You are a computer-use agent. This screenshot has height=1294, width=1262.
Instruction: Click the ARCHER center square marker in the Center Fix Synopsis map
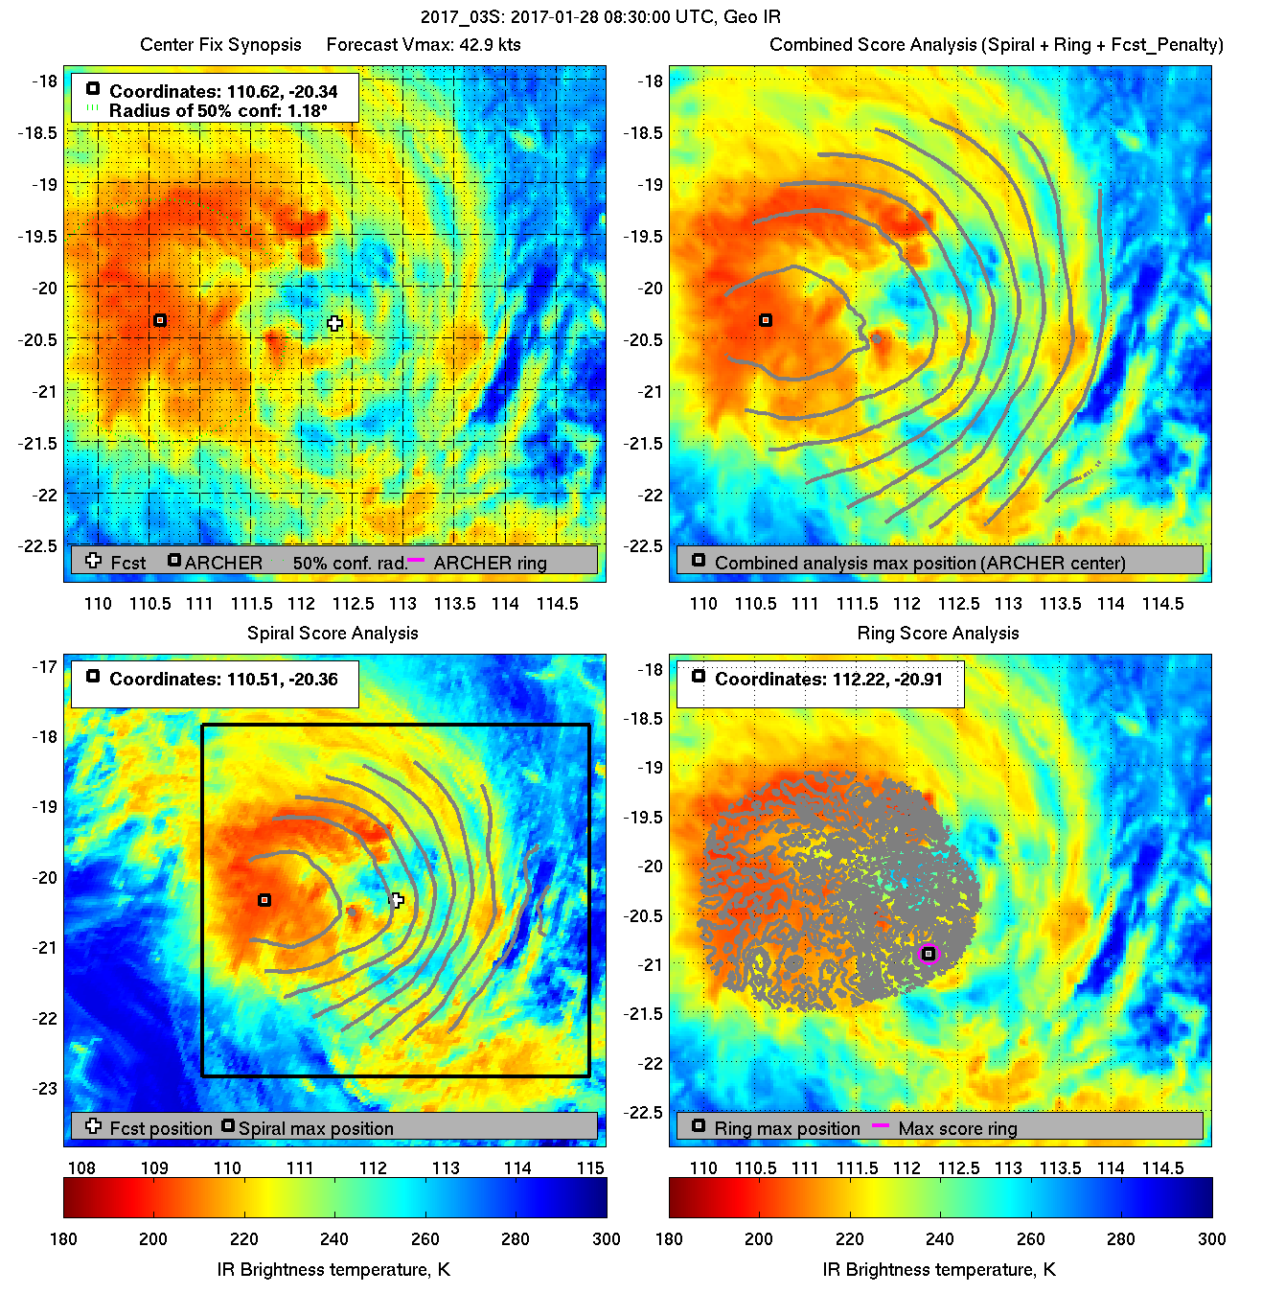160,320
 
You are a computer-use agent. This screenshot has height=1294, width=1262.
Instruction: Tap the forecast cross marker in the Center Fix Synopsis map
333,324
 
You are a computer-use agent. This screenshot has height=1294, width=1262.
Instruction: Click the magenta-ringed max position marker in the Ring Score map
929,954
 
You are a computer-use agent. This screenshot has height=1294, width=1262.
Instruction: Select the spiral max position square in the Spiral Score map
264,900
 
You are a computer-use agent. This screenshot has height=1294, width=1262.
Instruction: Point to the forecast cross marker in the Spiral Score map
397,900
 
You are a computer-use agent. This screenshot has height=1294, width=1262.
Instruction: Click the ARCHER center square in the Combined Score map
766,320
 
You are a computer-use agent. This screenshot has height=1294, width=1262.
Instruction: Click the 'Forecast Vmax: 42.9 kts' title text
424,45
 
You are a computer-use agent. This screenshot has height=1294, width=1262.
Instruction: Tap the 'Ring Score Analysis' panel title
937,633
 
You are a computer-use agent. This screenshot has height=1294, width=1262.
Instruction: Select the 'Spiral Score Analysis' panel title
333,633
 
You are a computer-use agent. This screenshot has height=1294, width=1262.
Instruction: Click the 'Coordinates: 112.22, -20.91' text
828,680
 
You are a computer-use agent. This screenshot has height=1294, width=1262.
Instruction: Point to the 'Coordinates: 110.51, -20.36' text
223,680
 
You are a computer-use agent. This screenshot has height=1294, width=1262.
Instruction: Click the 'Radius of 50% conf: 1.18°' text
218,111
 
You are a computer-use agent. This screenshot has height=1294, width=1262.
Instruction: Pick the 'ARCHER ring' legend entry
490,563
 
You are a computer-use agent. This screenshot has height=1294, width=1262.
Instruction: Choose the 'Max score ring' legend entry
957,1128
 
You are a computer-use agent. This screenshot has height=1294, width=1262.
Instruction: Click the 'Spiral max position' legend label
315,1128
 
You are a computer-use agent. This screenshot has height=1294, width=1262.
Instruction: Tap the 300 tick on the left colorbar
606,1238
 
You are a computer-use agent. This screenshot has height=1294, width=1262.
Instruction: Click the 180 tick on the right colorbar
669,1238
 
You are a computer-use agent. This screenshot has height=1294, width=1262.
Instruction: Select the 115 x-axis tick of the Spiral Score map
590,1167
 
